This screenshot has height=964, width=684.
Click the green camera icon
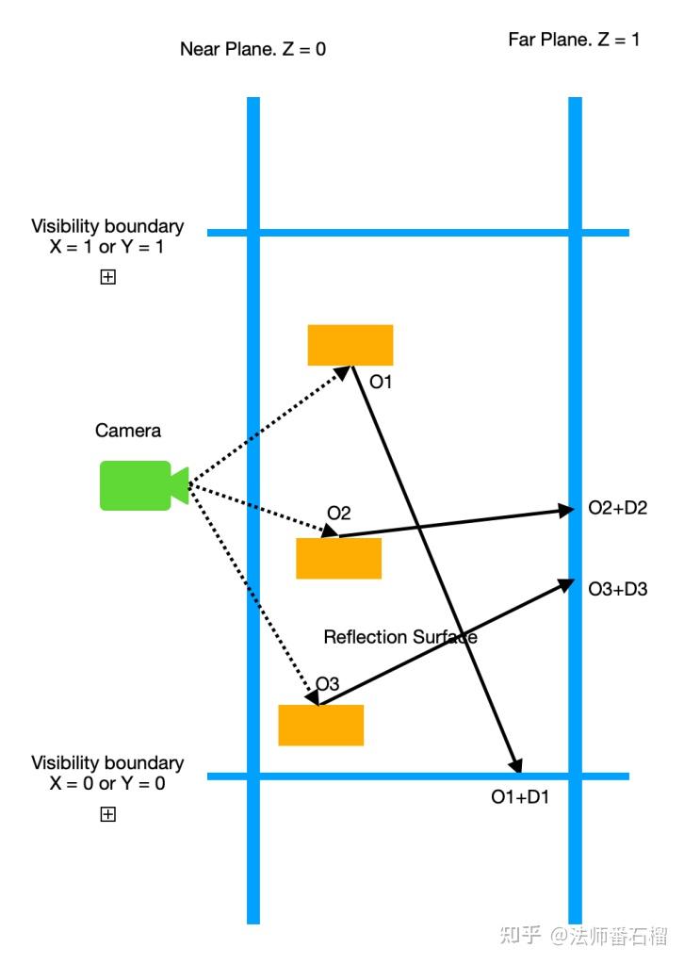(x=144, y=485)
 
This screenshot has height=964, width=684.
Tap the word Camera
(x=128, y=431)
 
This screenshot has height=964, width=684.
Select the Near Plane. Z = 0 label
(x=252, y=49)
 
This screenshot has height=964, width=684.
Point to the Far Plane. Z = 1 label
(x=574, y=40)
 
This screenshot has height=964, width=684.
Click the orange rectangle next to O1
(x=350, y=345)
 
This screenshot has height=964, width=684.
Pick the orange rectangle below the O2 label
(x=338, y=558)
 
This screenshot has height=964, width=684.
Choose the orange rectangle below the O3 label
(x=320, y=726)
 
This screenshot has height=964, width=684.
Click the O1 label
(x=381, y=382)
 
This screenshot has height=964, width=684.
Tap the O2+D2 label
(x=618, y=508)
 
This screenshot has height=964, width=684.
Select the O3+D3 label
(x=618, y=589)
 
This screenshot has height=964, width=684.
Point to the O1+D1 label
(x=520, y=797)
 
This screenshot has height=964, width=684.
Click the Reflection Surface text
(x=400, y=637)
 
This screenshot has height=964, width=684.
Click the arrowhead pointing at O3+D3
(x=565, y=584)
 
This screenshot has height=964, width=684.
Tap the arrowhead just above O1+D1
(x=515, y=764)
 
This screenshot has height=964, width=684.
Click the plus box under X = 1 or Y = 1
(x=107, y=277)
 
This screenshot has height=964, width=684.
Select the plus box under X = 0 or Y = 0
(x=107, y=814)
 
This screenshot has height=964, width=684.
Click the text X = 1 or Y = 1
(x=106, y=247)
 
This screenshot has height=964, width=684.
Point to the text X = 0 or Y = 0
(x=106, y=784)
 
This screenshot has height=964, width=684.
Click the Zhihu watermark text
(x=583, y=935)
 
